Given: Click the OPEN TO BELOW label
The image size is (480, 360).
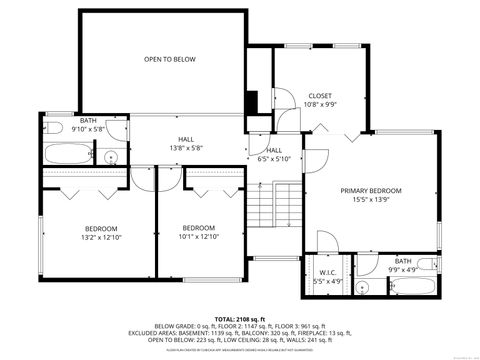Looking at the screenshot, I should pos(169,60).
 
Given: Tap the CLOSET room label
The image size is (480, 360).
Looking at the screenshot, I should pos(320,96).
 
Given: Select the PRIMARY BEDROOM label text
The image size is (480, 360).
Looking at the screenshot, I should pos(370,191).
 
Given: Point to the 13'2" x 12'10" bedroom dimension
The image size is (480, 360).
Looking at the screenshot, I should pos(100,237).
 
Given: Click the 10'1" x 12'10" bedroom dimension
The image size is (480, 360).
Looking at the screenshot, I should pos(198,237).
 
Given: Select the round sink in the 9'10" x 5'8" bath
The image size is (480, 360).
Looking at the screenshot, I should pos(112,156).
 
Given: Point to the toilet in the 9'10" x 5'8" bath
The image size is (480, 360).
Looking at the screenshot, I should pos(112,133).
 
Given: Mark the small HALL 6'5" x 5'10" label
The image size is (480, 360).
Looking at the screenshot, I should pos(274,155).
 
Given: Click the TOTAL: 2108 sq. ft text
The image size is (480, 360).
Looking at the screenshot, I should pos(240,316).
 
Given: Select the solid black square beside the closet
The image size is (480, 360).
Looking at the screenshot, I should pos(251,103).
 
